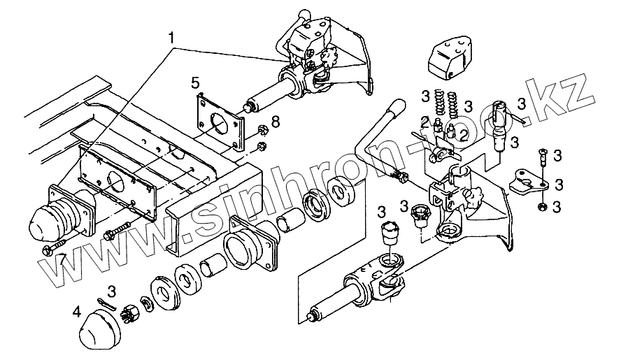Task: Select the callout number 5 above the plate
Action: [196, 84]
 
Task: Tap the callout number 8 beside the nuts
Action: [275, 122]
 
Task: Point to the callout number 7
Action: [63, 259]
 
